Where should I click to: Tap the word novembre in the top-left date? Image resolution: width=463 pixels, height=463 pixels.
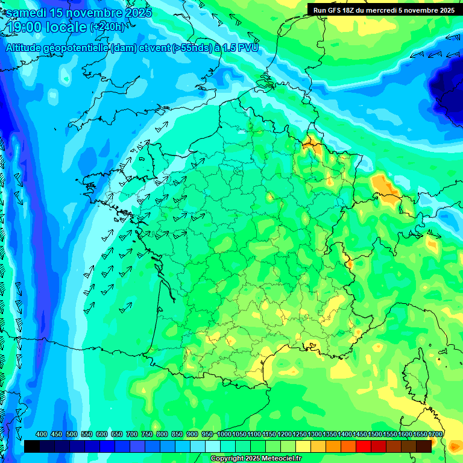click(97, 13)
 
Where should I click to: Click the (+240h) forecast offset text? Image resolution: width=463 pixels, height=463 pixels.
click(107, 27)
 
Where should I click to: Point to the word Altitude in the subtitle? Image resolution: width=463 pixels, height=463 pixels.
click(24, 48)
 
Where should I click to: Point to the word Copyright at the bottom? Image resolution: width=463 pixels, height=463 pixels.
click(227, 459)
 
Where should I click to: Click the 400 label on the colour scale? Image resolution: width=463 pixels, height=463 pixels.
click(42, 435)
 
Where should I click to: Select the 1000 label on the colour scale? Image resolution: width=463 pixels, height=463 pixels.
click(224, 435)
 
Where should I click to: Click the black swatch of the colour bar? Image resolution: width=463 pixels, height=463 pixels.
click(32, 446)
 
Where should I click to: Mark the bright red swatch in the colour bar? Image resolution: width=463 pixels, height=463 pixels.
click(364, 446)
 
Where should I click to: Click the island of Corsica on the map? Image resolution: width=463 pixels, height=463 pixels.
click(415, 374)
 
